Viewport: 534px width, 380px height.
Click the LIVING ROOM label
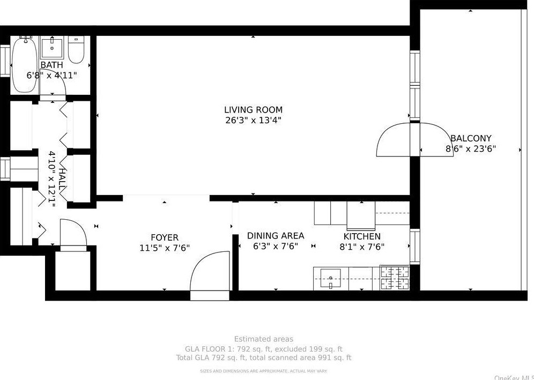click(253, 110)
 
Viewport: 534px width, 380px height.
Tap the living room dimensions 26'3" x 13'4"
click(253, 121)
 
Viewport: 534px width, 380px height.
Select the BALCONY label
click(471, 138)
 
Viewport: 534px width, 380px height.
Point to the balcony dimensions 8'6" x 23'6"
click(471, 149)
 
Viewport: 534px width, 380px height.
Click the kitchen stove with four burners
click(395, 278)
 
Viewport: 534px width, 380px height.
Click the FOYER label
click(164, 237)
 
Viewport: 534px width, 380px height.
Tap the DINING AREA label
click(276, 236)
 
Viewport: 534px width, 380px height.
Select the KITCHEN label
click(362, 236)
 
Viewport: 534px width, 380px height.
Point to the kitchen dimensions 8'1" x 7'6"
click(362, 247)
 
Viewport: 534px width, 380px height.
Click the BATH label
click(51, 65)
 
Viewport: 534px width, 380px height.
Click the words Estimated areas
click(263, 339)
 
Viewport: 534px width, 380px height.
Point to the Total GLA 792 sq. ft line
click(263, 357)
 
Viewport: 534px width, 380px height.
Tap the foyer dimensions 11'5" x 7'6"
click(164, 248)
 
